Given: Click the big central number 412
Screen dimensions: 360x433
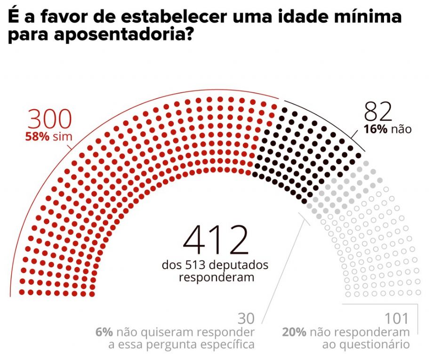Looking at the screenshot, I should click(215, 240).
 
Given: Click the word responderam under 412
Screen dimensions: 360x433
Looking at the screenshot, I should click(216, 277).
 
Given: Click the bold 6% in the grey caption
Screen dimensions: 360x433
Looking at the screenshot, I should click(104, 332).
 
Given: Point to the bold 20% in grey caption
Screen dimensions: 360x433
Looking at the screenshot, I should click(295, 332).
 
